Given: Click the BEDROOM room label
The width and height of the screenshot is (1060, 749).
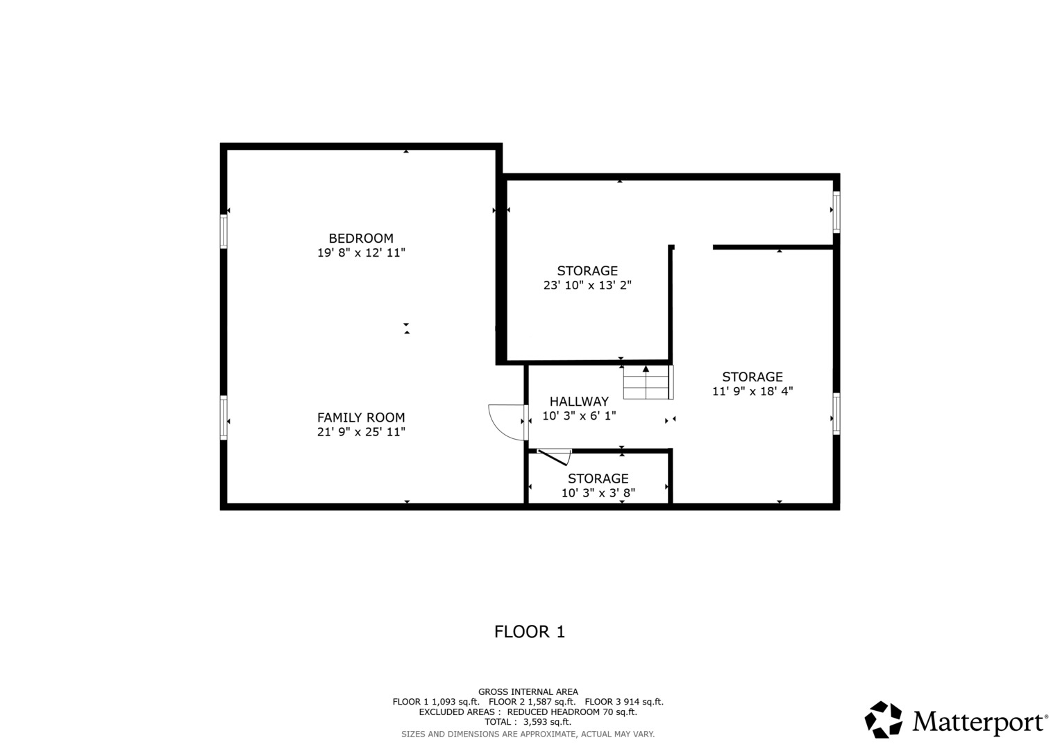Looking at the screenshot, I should [x=360, y=238].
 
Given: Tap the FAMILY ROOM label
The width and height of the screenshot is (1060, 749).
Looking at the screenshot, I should [x=360, y=417].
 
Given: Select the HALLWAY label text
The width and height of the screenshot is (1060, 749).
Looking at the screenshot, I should [x=579, y=402].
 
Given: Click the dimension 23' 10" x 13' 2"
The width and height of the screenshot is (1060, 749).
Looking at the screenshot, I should [x=587, y=285].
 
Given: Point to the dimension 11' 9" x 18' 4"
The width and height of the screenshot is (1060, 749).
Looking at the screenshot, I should [x=752, y=391].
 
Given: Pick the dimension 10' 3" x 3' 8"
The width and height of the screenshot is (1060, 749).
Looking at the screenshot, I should [x=598, y=493].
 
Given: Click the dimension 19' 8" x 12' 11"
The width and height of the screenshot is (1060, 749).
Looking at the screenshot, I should [x=361, y=253].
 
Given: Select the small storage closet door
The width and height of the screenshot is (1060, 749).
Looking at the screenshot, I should [x=554, y=456].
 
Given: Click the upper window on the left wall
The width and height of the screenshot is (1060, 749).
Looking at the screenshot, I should [x=224, y=231].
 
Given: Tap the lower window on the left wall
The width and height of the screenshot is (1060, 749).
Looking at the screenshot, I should [x=224, y=417].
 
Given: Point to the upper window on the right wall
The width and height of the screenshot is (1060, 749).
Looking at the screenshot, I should [x=836, y=212].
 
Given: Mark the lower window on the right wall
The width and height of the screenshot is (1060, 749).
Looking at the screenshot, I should [x=836, y=414].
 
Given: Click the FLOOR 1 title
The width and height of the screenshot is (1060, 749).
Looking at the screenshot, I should [x=530, y=632].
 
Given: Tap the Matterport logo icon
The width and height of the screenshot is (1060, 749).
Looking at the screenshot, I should [x=883, y=720].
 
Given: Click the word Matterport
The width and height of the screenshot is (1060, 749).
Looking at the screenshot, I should [x=979, y=722].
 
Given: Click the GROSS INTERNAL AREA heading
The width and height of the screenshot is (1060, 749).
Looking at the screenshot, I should [x=528, y=691].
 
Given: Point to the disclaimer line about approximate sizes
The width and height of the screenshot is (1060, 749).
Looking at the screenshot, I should [x=528, y=734].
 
